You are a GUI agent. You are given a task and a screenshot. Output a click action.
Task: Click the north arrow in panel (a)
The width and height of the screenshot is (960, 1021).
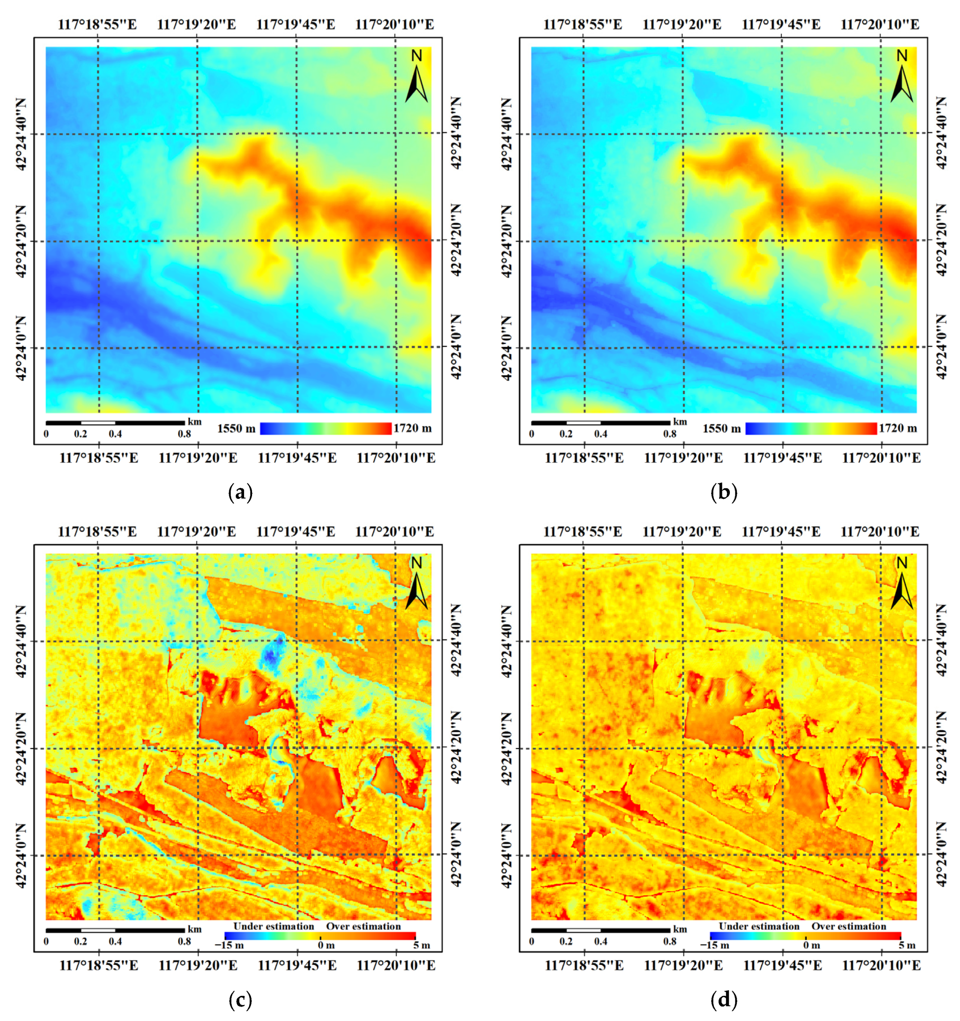(416, 77)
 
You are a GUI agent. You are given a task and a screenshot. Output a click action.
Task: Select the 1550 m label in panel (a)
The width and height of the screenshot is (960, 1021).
(236, 428)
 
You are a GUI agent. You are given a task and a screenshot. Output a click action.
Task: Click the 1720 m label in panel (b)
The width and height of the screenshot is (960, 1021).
(898, 428)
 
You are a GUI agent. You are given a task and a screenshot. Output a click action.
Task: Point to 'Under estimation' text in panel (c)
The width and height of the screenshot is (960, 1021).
(273, 926)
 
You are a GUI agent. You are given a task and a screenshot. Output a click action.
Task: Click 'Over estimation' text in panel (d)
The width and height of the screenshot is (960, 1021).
(849, 926)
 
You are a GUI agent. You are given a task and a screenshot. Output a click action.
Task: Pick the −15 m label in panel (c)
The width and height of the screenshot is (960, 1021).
(229, 945)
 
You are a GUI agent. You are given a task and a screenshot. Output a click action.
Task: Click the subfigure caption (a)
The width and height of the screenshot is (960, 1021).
(240, 493)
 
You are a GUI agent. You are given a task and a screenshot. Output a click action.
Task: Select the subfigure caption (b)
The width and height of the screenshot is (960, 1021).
(724, 493)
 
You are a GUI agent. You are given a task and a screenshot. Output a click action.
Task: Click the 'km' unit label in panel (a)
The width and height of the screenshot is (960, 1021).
(194, 422)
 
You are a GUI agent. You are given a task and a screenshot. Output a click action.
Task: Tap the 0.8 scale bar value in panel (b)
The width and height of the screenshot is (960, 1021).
(669, 434)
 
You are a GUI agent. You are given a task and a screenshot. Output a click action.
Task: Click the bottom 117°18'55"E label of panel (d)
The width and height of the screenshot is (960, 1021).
(584, 966)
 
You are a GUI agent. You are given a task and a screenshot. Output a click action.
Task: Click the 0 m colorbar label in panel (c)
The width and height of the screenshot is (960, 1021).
(326, 945)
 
